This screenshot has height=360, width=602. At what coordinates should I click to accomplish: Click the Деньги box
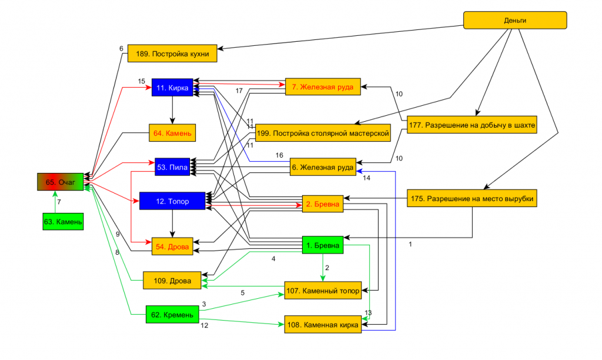[x=515, y=21]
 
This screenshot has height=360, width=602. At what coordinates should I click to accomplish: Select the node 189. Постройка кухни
[x=172, y=54]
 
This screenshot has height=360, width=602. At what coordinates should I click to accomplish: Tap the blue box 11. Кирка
[x=172, y=88]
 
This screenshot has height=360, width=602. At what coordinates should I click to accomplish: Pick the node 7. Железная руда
[x=323, y=87]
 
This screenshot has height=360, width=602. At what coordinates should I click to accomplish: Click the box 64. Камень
[x=172, y=133]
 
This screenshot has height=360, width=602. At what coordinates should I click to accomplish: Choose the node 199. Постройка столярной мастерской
[x=323, y=134]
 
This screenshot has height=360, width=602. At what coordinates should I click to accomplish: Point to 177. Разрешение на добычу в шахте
[x=472, y=125]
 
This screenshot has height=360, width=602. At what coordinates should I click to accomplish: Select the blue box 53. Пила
[x=172, y=167]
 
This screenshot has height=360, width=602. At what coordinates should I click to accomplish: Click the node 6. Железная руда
[x=323, y=168]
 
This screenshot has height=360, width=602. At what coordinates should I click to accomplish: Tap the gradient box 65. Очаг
[x=61, y=182]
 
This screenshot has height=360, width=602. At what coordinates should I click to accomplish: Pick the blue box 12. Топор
[x=172, y=201]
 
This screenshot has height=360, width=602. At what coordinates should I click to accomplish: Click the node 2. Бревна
[x=323, y=205]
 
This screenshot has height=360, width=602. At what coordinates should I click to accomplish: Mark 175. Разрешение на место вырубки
[x=472, y=198]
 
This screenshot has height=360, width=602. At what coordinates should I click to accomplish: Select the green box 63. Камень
[x=62, y=222]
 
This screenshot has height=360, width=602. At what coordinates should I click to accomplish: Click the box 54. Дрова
[x=172, y=246]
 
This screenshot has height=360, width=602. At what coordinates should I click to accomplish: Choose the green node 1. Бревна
[x=323, y=245]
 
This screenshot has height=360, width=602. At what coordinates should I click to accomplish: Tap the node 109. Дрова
[x=172, y=281]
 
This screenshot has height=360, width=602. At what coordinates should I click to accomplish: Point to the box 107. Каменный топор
[x=323, y=290]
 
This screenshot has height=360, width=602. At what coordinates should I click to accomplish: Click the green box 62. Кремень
[x=172, y=315]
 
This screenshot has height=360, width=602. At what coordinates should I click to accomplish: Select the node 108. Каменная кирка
[x=323, y=324]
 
